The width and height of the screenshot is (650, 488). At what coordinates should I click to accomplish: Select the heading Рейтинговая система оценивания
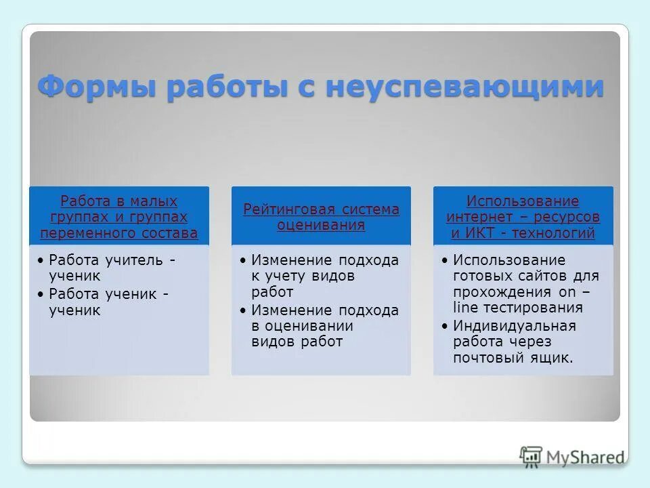[x=321, y=217]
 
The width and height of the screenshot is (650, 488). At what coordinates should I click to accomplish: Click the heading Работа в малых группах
[x=119, y=209]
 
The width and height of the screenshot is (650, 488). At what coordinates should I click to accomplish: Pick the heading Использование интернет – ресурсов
[x=523, y=209]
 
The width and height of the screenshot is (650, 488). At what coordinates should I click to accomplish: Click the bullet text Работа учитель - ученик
[x=112, y=268]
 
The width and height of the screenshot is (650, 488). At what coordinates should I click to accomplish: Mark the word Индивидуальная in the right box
[x=515, y=325]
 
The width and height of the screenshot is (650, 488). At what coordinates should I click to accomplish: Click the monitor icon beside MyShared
[x=532, y=456]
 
